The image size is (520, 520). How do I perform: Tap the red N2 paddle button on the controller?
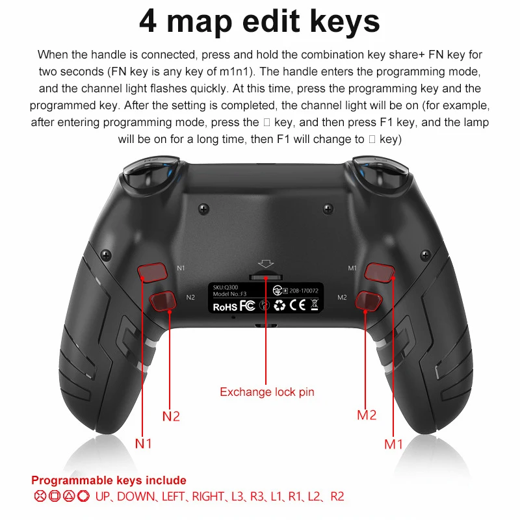click(x=163, y=300)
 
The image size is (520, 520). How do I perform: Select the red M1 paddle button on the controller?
click(x=378, y=272)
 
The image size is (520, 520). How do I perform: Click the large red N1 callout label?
click(x=144, y=443)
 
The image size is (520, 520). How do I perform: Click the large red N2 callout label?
click(x=171, y=416)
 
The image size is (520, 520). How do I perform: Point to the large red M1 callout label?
click(x=394, y=443)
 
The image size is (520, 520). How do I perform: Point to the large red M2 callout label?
click(x=367, y=415)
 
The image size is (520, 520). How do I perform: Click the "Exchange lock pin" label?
click(x=266, y=391)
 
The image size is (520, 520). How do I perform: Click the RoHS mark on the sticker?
click(x=224, y=305)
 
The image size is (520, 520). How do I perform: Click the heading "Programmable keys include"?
click(x=109, y=480)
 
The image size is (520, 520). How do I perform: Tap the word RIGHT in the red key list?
click(x=207, y=497)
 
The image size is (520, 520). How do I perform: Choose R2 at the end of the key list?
click(x=337, y=497)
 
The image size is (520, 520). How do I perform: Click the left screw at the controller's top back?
click(x=203, y=209)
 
